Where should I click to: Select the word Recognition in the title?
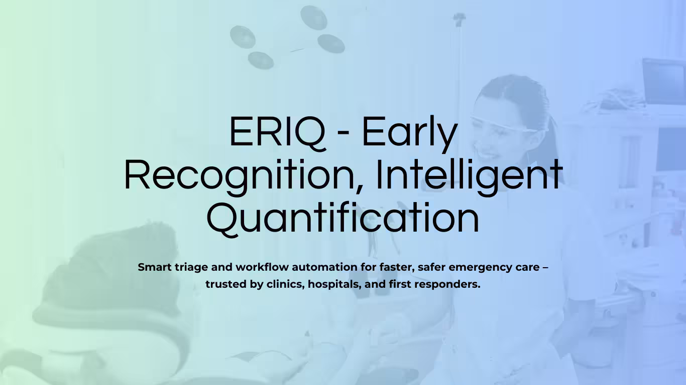(x=242, y=175)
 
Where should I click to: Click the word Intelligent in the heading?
(x=469, y=175)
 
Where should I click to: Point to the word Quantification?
(x=343, y=219)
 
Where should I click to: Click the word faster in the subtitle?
(x=396, y=267)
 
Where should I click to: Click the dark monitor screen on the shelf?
(x=663, y=81)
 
